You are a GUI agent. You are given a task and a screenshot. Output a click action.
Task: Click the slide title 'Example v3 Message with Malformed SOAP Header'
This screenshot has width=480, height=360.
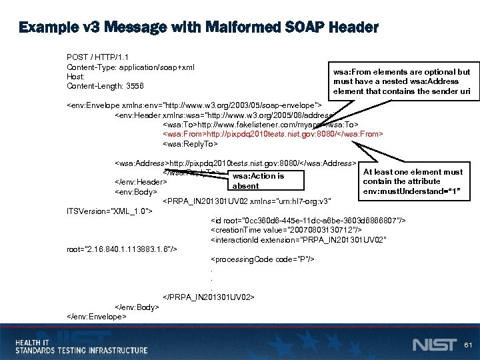pyautogui.click(x=199, y=28)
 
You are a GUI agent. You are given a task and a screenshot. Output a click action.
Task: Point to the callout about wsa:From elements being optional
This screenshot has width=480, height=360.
pyautogui.click(x=401, y=81)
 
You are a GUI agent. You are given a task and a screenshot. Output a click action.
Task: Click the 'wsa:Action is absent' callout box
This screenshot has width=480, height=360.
pyautogui.click(x=258, y=181)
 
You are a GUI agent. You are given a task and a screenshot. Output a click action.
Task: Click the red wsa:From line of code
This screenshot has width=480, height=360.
pyautogui.click(x=273, y=134)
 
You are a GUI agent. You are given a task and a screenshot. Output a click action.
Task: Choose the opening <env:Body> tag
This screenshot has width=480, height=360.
pyautogui.click(x=136, y=192)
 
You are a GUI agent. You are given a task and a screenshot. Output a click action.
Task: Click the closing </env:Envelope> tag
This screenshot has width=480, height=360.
pyautogui.click(x=97, y=316)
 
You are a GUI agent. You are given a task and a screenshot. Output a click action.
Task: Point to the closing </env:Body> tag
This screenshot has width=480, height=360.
pyautogui.click(x=137, y=307)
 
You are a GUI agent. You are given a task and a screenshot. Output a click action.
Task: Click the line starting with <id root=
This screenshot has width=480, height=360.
pyautogui.click(x=307, y=221)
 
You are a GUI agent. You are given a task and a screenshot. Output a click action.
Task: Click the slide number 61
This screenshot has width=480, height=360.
pyautogui.click(x=467, y=345)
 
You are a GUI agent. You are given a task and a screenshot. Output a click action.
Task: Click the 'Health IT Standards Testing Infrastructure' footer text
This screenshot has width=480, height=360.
pyautogui.click(x=81, y=345)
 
